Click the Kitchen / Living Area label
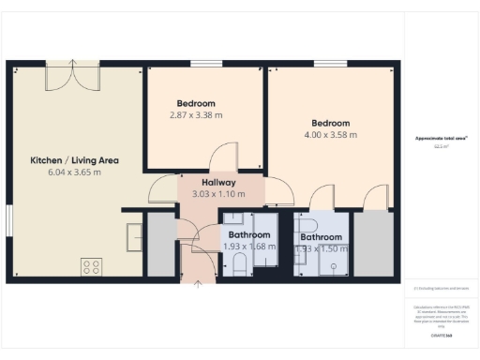[x=74, y=159]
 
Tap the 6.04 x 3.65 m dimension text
[x=74, y=172]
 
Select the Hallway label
[x=218, y=182]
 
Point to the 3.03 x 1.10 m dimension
[x=218, y=194]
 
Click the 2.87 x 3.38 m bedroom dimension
[x=196, y=115]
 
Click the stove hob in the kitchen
[x=92, y=266]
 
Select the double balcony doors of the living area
[x=73, y=74]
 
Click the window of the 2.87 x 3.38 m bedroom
[x=201, y=64]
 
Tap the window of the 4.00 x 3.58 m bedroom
[x=330, y=64]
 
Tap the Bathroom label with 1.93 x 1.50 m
[x=321, y=237]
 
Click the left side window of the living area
[x=7, y=225]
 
